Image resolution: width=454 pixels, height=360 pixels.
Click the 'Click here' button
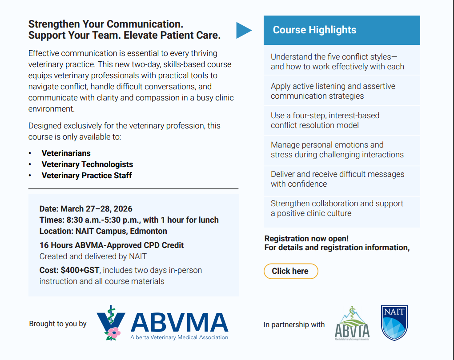291,271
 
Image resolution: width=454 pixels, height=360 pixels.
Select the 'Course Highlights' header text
314,30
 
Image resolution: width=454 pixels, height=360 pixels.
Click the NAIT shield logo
394,323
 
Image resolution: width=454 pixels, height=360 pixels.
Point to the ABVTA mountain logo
352,324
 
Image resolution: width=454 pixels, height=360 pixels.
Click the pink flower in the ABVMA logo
114,332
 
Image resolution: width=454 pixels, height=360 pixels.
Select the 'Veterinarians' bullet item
66,153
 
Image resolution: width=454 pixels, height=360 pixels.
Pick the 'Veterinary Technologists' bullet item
87,164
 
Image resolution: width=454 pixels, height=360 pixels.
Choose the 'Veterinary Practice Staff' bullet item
87,176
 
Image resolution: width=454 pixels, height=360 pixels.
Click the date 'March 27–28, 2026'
96,209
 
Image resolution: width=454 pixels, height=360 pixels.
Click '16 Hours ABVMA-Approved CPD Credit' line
111,245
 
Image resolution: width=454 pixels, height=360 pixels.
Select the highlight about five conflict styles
337,62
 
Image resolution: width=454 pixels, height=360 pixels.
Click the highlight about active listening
333,91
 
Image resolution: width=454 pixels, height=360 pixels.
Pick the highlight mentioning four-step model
325,120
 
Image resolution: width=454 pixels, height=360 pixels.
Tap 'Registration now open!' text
306,239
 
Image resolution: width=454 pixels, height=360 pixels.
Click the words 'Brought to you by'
58,324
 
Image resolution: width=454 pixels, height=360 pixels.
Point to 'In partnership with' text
294,325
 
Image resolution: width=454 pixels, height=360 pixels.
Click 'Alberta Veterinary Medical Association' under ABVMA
179,337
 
